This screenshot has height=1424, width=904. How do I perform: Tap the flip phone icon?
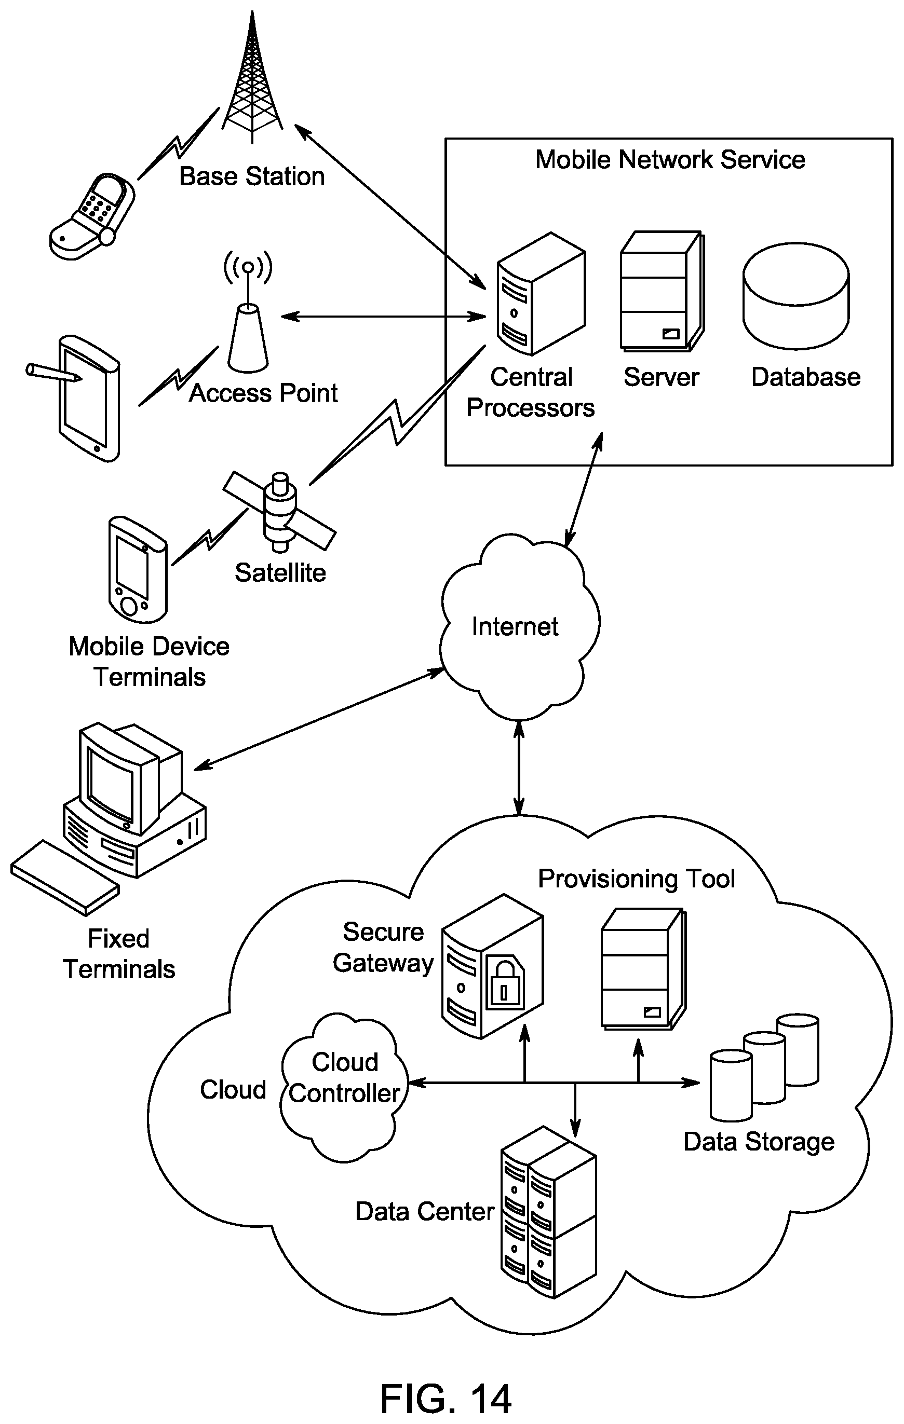(x=92, y=216)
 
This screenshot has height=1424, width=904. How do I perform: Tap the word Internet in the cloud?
(x=515, y=627)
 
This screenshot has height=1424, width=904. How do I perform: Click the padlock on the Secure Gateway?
(x=504, y=982)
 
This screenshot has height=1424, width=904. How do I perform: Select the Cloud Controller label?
(x=345, y=1077)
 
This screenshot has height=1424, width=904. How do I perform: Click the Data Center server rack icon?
(x=548, y=1212)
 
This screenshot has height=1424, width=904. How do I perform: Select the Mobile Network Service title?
(x=670, y=160)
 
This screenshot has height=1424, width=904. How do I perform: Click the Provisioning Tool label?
(x=637, y=879)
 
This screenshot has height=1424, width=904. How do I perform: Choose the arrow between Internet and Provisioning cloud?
(x=519, y=768)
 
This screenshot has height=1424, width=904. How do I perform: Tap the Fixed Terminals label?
(x=119, y=954)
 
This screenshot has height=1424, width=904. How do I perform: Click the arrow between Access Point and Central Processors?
(x=383, y=317)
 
